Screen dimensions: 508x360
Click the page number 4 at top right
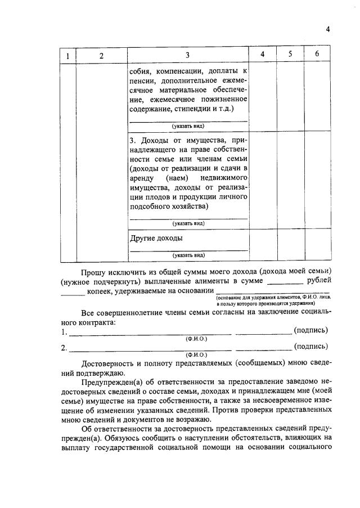point(327,30)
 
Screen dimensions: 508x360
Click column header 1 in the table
point(67,55)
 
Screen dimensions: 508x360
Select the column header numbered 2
point(101,55)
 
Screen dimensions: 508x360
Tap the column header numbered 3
point(188,55)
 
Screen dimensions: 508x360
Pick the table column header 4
point(262,54)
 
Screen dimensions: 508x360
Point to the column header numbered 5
point(290,54)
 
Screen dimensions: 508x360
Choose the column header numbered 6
point(317,54)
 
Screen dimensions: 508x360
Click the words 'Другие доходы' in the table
point(156,239)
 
